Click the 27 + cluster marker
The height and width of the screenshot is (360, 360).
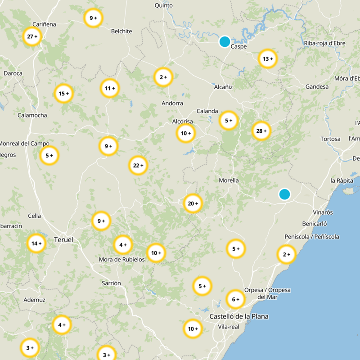tap(32, 36)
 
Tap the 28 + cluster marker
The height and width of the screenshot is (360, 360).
tap(261, 131)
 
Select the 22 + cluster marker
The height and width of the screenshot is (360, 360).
tap(138, 165)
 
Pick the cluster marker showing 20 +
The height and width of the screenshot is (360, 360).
tap(193, 203)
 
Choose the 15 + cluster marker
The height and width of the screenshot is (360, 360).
tap(64, 94)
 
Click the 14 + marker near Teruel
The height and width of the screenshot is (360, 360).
tap(36, 243)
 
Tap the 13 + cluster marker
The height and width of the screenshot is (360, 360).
tap(268, 58)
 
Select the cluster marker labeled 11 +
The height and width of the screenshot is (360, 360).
tap(109, 88)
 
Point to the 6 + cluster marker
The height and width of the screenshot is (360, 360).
tap(235, 299)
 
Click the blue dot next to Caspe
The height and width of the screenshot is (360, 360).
tap(225, 41)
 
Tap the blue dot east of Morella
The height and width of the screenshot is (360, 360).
tap(284, 194)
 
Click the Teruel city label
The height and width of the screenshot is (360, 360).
tap(63, 240)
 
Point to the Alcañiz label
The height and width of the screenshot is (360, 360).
tap(223, 87)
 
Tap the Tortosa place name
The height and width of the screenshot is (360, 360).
tap(330, 139)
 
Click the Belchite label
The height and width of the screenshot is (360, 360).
tap(122, 31)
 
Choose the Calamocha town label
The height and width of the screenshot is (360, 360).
tap(32, 115)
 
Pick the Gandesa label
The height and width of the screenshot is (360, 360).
tap(317, 86)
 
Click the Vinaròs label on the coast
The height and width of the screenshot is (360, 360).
tap(323, 212)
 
